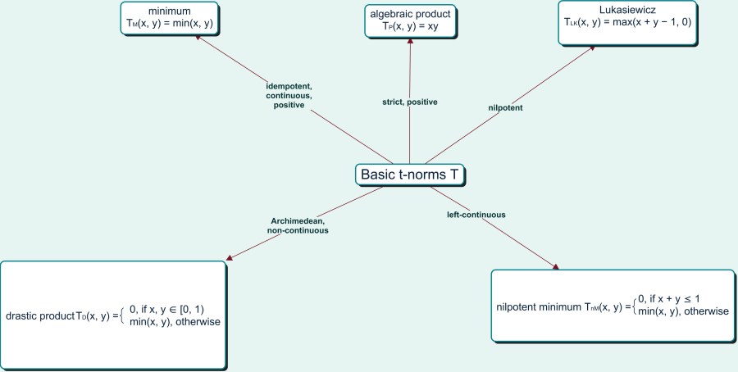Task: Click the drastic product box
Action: pyautogui.click(x=112, y=315)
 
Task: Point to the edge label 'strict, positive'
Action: pyautogui.click(x=410, y=102)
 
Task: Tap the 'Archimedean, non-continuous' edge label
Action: pyautogui.click(x=297, y=225)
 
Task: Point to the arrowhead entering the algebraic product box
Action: pyautogui.click(x=410, y=43)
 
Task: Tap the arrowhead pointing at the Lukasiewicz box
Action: pyautogui.click(x=591, y=48)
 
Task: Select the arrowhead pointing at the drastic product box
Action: pyautogui.click(x=228, y=258)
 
